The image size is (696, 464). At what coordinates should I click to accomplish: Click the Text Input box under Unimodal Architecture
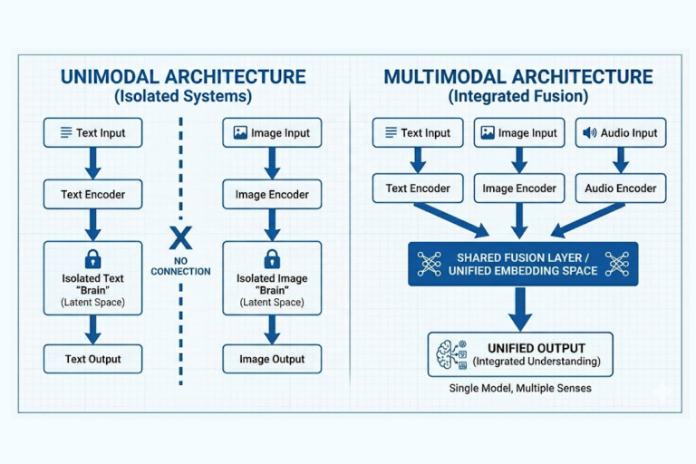(92, 133)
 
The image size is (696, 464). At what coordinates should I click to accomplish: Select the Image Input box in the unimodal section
(271, 133)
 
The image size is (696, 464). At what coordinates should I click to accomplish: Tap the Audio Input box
(621, 133)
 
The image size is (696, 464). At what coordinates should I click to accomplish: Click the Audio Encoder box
(621, 188)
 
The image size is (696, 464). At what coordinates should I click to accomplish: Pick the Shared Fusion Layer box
(522, 264)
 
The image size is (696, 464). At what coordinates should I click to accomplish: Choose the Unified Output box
(520, 354)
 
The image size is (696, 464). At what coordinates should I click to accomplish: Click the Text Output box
(92, 359)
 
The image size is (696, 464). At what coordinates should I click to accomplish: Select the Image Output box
(271, 359)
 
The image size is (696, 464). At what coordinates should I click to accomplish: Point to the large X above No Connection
(181, 239)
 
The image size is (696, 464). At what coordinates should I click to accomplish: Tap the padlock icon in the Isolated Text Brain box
(92, 259)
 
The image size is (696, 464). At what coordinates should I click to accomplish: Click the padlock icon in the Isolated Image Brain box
(271, 259)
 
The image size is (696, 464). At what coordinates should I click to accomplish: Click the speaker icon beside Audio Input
(590, 133)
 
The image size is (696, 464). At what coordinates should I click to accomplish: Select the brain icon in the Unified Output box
(450, 354)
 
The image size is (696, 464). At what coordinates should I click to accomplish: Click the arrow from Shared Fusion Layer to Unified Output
(520, 309)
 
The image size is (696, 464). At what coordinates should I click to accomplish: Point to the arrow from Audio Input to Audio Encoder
(621, 160)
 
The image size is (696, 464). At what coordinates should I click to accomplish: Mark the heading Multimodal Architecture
(518, 76)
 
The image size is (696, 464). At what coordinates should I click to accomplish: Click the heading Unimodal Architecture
(183, 76)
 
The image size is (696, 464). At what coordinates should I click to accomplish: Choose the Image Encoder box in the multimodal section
(519, 188)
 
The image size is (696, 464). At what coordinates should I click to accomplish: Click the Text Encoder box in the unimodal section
(92, 194)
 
